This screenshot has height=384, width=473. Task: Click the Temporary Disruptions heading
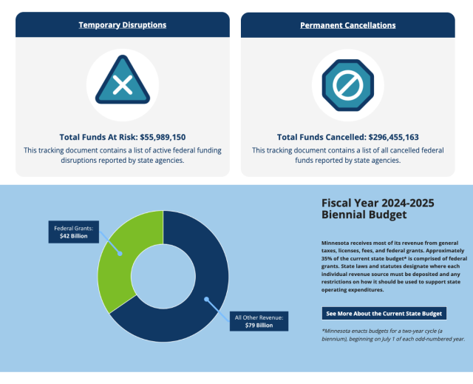pyautogui.click(x=123, y=24)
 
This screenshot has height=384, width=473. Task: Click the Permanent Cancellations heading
pyautogui.click(x=347, y=25)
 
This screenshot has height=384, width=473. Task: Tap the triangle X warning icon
pyautogui.click(x=123, y=85)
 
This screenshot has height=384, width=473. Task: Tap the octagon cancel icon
pyautogui.click(x=347, y=85)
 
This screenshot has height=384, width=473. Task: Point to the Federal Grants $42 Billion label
pyautogui.click(x=73, y=232)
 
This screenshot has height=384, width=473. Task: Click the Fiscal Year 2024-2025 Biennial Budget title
pyautogui.click(x=378, y=209)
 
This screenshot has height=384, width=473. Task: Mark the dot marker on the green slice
pyautogui.click(x=118, y=252)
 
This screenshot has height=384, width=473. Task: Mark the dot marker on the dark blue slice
pyautogui.click(x=207, y=300)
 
